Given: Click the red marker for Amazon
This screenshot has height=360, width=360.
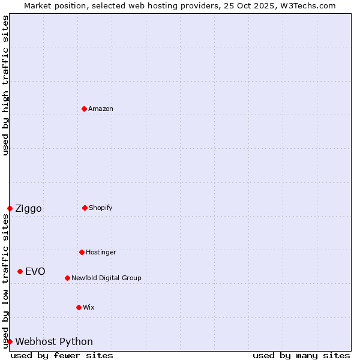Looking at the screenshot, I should pos(84,109).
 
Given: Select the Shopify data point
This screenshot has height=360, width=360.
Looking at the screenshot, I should pos(85,208).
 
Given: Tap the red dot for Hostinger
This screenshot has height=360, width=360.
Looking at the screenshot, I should pos(82,252).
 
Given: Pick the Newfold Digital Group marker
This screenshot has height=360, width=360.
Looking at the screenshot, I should pos(67,278).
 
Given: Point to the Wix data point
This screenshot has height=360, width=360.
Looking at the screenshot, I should pos(79,307).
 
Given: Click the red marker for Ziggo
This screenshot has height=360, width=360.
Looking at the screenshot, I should pos(10,208).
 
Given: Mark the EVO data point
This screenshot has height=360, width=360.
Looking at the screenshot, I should pos(20,271).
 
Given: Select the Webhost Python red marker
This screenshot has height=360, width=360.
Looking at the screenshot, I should pos(10,341).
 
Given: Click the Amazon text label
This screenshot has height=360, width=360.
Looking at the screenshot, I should pos(101,109).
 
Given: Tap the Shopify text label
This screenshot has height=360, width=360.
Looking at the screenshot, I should pos(101,208).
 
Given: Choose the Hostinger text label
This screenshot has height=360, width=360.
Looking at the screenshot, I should pos(101,252).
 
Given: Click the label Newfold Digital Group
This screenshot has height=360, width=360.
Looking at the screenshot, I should pos(106,278).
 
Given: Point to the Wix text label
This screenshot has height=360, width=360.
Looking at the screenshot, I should pos(89,307).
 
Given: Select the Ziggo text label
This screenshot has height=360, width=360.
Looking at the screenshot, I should pos(28,209).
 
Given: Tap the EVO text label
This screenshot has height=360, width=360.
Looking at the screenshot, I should pos(35,271).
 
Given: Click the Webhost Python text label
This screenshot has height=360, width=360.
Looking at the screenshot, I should pos(54,342).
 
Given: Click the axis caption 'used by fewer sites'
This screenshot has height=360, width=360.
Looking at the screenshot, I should pos(62,355).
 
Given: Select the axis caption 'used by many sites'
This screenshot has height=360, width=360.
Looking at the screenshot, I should pos(301,355).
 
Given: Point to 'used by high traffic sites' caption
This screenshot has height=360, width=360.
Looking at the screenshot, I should pos(5,85).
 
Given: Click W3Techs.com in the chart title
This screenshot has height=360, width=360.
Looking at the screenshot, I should pos(307,5).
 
